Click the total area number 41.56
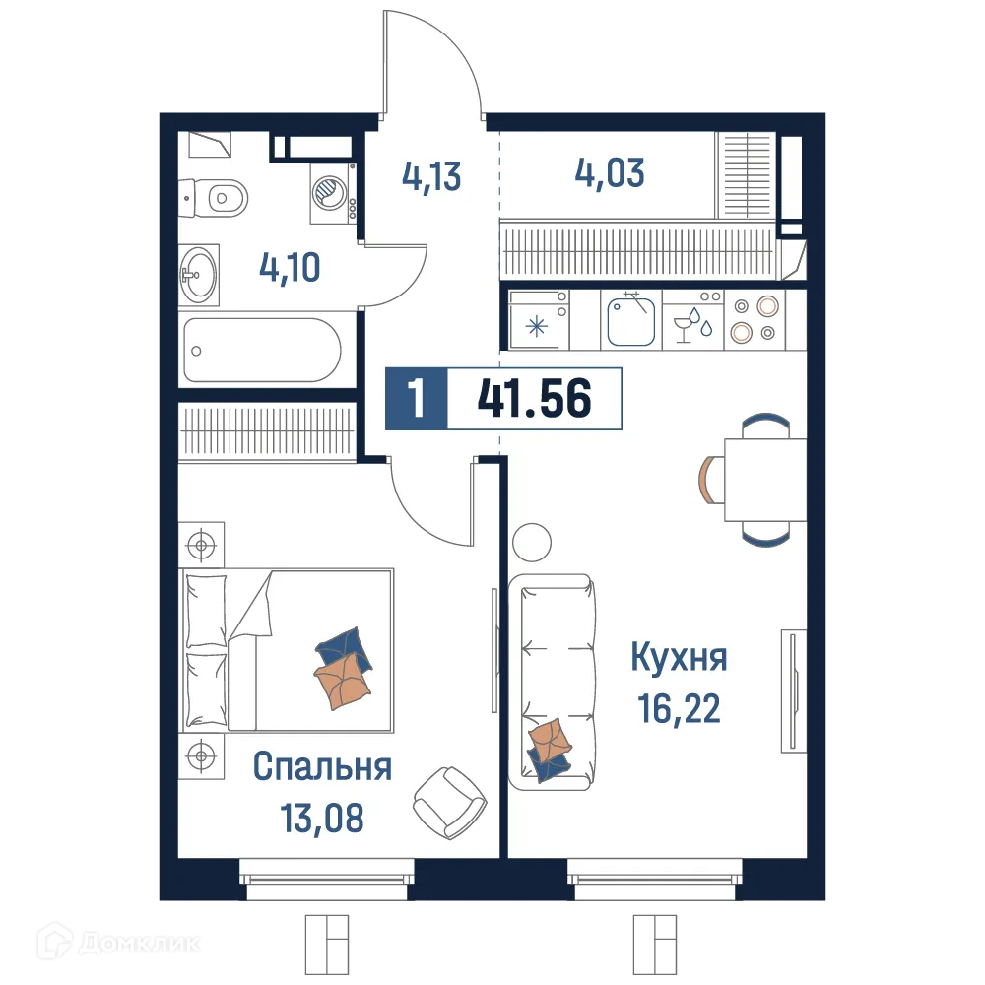point(534,400)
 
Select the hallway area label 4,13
point(431,177)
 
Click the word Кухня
point(679,657)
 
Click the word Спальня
point(322,766)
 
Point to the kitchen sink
point(630,320)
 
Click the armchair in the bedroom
point(448,798)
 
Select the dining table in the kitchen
point(765,480)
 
